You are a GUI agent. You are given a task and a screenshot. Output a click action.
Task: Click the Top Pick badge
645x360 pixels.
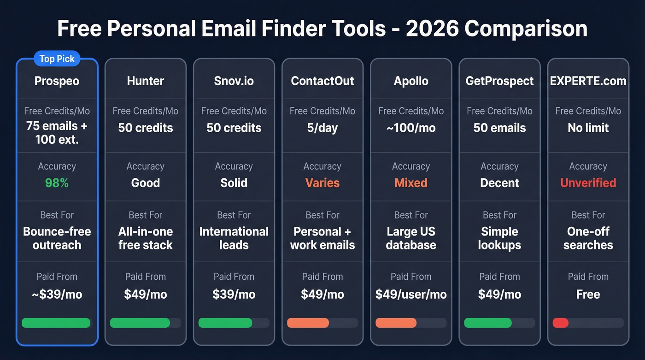point(57,59)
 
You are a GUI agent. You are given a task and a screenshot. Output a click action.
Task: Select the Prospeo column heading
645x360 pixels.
point(57,81)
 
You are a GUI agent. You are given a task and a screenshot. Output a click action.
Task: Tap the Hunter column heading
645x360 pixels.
point(146,81)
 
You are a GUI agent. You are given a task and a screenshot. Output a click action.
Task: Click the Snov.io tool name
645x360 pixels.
point(234,81)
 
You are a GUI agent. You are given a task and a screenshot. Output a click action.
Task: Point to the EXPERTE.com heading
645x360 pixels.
point(588,81)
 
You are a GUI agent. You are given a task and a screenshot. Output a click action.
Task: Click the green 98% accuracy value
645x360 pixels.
point(57,183)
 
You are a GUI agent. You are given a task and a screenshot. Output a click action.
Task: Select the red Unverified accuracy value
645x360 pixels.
point(588,183)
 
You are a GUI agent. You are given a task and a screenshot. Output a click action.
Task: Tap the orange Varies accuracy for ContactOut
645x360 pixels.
point(322,183)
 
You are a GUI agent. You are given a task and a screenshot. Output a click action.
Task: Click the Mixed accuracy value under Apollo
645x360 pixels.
point(411,183)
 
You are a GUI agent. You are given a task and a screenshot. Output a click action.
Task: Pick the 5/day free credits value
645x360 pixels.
point(322,128)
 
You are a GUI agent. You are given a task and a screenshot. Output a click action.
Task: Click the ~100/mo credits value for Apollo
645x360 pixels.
point(411,128)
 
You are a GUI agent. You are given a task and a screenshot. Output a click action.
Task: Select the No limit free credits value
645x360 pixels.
point(588,128)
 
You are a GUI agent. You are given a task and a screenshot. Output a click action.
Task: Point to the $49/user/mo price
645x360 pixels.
point(411,295)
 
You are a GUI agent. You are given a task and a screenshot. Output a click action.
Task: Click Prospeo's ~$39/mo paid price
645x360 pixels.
point(57,295)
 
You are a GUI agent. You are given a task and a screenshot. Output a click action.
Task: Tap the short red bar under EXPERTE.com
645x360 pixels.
point(561,323)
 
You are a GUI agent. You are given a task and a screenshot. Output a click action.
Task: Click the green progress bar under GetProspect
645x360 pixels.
point(488,323)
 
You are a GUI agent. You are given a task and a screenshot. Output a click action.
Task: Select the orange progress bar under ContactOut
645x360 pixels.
point(308,323)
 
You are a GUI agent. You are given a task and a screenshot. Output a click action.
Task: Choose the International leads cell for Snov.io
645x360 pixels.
point(234,238)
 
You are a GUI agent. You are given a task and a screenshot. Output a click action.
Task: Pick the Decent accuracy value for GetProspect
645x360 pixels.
point(499,183)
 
